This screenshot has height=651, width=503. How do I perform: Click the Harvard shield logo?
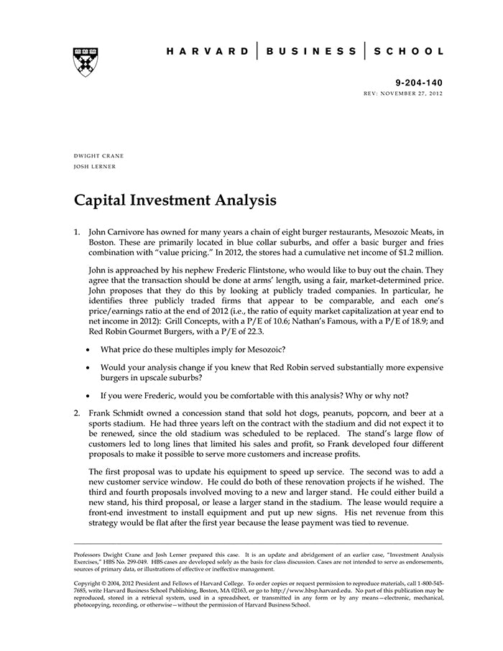pos(86,62)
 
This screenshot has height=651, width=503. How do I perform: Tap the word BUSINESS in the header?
pos(311,52)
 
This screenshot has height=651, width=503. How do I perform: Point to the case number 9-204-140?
pos(420,83)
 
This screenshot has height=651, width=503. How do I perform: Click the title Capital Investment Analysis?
pos(175,200)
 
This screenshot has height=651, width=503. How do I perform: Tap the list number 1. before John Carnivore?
pos(78,233)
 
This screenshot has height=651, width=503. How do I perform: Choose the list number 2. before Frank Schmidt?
pos(78,413)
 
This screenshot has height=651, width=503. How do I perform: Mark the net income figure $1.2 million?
pos(415,253)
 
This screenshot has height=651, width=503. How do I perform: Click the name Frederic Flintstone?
pos(272,270)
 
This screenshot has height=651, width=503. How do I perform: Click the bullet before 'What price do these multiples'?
pos(87,349)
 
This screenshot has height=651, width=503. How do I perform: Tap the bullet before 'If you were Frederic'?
pos(87,395)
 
